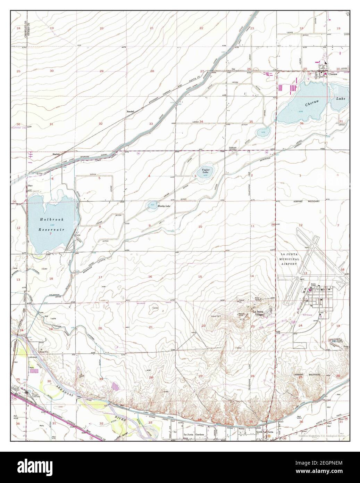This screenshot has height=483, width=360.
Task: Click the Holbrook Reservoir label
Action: [51, 224]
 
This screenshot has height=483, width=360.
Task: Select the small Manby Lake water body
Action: [152, 205]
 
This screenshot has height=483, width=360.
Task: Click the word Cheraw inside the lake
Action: [312, 104]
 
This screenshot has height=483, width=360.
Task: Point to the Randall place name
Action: [130, 111]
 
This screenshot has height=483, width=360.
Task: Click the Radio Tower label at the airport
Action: [315, 285]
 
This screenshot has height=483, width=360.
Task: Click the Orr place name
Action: [234, 69]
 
